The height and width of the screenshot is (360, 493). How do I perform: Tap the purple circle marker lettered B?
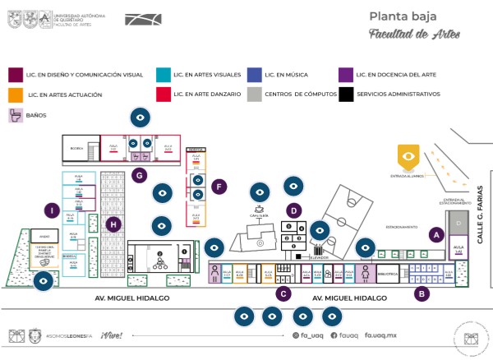(422, 292)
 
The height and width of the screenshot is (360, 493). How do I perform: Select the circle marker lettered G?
(141, 174)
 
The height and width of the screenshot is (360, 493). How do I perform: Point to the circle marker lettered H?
(114, 224)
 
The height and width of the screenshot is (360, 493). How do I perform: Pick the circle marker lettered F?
(218, 187)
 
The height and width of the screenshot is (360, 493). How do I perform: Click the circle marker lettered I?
(52, 211)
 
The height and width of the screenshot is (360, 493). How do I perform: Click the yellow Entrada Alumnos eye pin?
(408, 154)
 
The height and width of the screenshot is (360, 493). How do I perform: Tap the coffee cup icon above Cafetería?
(260, 210)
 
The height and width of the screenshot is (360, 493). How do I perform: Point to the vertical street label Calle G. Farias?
(481, 197)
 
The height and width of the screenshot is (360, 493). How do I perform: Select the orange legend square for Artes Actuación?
(15, 95)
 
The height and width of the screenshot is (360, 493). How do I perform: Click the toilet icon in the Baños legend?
(15, 116)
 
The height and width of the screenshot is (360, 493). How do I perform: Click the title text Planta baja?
(402, 16)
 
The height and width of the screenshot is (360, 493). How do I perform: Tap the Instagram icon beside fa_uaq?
(296, 335)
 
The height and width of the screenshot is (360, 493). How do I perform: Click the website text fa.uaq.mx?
(380, 335)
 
